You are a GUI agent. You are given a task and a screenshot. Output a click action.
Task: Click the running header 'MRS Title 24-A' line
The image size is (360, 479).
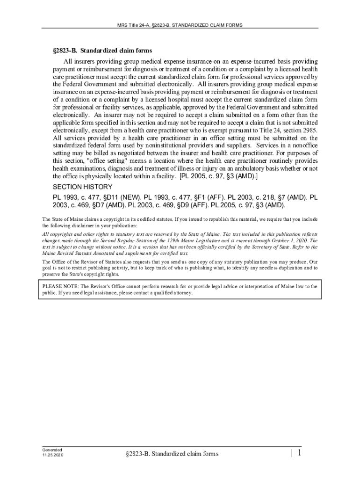pyautogui.click(x=180, y=25)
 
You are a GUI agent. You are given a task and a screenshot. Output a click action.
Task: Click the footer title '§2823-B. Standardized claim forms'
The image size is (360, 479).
pyautogui.click(x=172, y=453)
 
